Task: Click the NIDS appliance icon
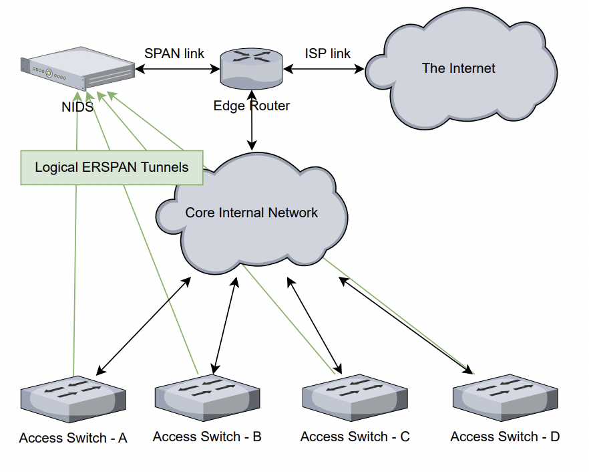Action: click(x=77, y=68)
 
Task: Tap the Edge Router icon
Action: click(x=251, y=68)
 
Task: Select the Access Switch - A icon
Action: click(x=73, y=399)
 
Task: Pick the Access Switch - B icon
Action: click(x=207, y=398)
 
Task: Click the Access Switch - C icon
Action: click(x=355, y=398)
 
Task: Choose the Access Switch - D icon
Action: click(x=506, y=398)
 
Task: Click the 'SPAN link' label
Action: click(x=174, y=53)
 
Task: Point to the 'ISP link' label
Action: click(x=327, y=53)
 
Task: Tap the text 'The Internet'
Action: click(x=458, y=68)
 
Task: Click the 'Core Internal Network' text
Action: click(x=251, y=213)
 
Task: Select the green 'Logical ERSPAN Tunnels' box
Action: click(x=112, y=167)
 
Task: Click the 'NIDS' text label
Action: click(x=77, y=107)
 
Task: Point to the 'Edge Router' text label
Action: click(x=251, y=106)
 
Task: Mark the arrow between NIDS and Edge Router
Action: click(x=178, y=69)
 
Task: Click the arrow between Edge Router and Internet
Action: click(x=323, y=69)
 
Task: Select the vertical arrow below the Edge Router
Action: click(x=252, y=120)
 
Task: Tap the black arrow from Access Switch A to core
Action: click(x=144, y=326)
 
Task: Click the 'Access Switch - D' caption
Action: click(x=505, y=437)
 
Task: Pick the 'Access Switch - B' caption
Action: click(x=207, y=437)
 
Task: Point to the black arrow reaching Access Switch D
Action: click(x=406, y=326)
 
